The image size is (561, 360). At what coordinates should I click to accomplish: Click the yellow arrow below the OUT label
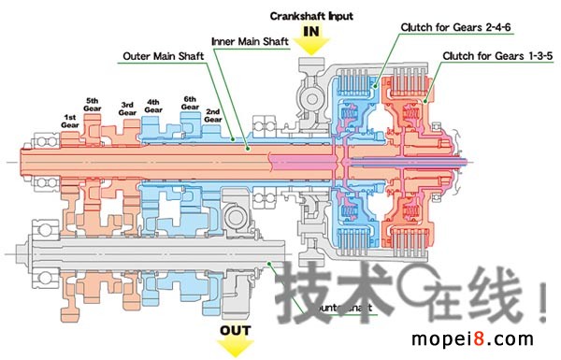click(237, 347)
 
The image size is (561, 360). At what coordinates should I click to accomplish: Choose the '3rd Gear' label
click(128, 108)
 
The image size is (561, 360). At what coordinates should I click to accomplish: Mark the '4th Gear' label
click(154, 105)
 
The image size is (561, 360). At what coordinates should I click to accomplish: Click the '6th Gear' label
click(190, 103)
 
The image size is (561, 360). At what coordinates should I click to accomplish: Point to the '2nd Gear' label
click(213, 116)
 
